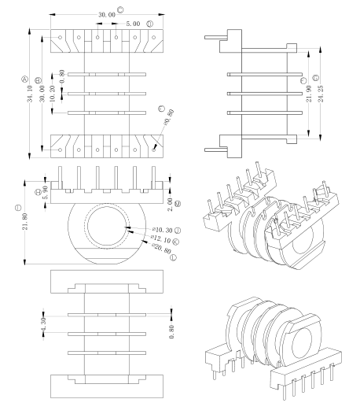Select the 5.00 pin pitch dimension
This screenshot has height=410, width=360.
coord(131,24)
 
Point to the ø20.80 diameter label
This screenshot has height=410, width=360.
coord(151,249)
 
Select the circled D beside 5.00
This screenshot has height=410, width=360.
coord(149,24)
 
